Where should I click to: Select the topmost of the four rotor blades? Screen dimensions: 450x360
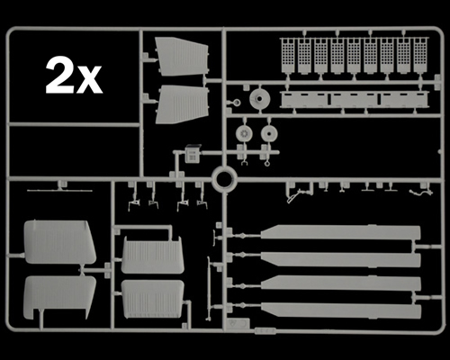coord(341,232)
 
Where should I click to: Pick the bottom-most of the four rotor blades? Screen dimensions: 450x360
coord(341,310)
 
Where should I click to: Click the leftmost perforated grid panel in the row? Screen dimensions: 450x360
coord(289,56)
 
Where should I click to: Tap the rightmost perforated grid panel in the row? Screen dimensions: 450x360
coord(421,56)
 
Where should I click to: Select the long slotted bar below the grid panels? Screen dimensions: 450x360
coord(353,100)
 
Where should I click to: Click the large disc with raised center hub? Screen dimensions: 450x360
coord(260,99)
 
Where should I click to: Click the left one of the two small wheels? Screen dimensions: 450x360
coord(244,133)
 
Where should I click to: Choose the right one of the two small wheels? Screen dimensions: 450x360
coord(268,133)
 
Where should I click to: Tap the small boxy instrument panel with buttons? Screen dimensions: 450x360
coord(192,153)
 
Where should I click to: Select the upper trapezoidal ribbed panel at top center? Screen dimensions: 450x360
coord(182,57)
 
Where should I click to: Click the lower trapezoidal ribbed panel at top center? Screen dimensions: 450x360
coord(182,104)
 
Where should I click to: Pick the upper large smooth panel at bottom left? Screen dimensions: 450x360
coord(59,242)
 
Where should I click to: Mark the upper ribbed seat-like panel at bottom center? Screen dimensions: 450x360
coord(152,255)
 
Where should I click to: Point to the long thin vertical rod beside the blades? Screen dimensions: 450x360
coord(209,288)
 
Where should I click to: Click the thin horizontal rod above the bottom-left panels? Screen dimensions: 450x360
coord(59,191)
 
